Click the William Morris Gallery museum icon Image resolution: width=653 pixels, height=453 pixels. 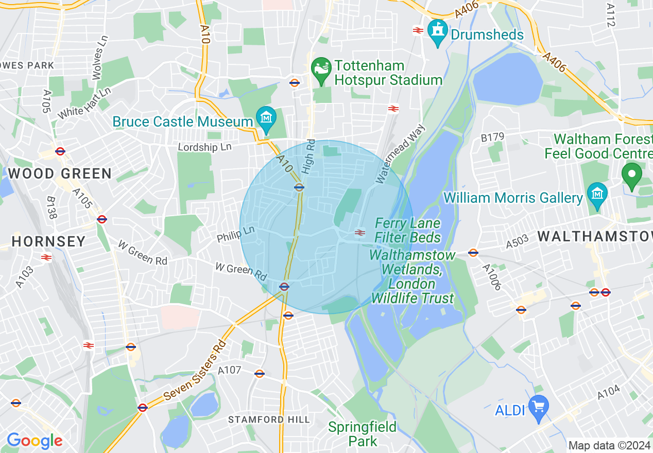pos(597,194)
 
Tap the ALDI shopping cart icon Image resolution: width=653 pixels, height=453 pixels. pos(538,407)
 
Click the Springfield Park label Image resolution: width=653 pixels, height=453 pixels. pos(363,434)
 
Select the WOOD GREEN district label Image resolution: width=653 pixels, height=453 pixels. pos(60,173)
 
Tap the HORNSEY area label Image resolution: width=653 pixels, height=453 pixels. pos(48,241)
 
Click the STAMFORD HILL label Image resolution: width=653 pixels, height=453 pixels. pos(269,420)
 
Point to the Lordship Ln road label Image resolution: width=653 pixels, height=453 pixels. pos(204,147)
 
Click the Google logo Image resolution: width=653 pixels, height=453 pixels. pos(35,441)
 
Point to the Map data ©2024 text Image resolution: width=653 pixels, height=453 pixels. pos(609,445)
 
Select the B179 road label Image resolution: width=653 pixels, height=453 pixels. pos(492,137)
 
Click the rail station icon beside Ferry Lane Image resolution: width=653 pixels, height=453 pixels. pos(360,233)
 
